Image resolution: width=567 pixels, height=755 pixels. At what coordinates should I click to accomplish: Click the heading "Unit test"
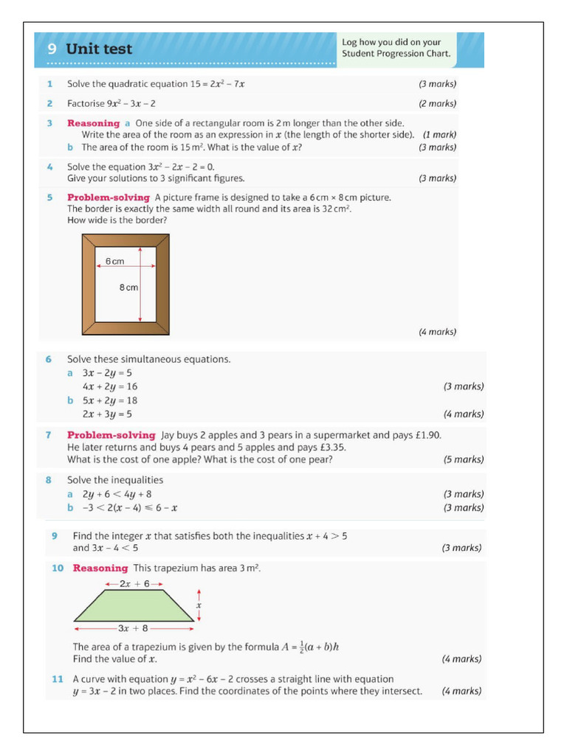99,49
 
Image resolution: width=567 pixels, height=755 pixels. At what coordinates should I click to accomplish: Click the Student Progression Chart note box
396,48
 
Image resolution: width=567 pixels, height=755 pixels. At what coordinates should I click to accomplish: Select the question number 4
49,167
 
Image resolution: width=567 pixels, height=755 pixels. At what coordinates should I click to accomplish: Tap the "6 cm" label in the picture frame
114,262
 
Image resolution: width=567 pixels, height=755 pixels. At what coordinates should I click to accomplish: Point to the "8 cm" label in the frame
128,288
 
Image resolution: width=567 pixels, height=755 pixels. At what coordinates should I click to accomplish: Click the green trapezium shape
134,605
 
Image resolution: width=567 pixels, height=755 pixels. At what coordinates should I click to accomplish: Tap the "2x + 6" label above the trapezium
134,583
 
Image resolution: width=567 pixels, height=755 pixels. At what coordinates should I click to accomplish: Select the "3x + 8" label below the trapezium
134,628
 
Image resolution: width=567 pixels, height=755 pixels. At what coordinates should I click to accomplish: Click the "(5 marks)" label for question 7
463,459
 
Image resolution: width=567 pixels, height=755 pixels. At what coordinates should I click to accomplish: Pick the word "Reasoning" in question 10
100,568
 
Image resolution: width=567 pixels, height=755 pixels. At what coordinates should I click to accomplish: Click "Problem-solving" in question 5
109,198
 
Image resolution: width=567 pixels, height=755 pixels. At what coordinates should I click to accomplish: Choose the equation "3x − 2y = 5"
107,373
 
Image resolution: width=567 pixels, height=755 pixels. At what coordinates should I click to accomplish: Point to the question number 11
58,679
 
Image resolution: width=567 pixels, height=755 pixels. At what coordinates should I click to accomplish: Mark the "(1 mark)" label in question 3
439,135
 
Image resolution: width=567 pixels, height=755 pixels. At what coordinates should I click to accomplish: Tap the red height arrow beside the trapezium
199,605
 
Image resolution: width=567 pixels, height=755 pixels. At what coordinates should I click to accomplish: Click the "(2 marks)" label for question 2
438,104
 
